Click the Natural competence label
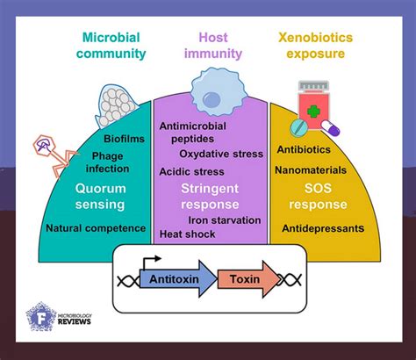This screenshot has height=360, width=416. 97,228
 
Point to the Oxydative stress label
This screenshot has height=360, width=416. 221,154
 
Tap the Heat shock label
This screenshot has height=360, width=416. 186,234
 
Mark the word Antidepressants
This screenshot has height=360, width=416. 323,228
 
